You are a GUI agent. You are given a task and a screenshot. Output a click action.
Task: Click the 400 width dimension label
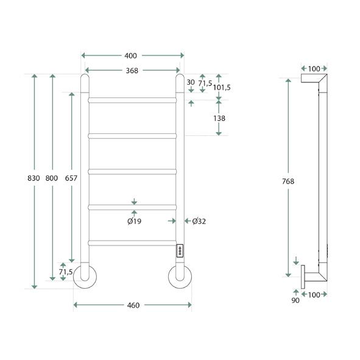point(130,56)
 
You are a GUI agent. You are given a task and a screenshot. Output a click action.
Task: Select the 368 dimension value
point(132,71)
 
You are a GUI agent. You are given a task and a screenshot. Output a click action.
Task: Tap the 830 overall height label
point(34,178)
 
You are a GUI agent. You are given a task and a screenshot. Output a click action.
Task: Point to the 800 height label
point(52,178)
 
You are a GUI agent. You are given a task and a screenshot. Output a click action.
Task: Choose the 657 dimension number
point(71,178)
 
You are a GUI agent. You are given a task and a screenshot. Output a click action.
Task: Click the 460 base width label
point(133,305)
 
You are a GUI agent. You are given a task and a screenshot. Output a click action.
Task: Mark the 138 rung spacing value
point(219,118)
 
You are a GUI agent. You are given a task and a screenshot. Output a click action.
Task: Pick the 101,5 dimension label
point(222,88)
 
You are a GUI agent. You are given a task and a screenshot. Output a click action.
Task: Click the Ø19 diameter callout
point(135,221)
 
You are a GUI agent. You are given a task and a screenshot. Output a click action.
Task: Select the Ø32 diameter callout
point(199,221)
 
